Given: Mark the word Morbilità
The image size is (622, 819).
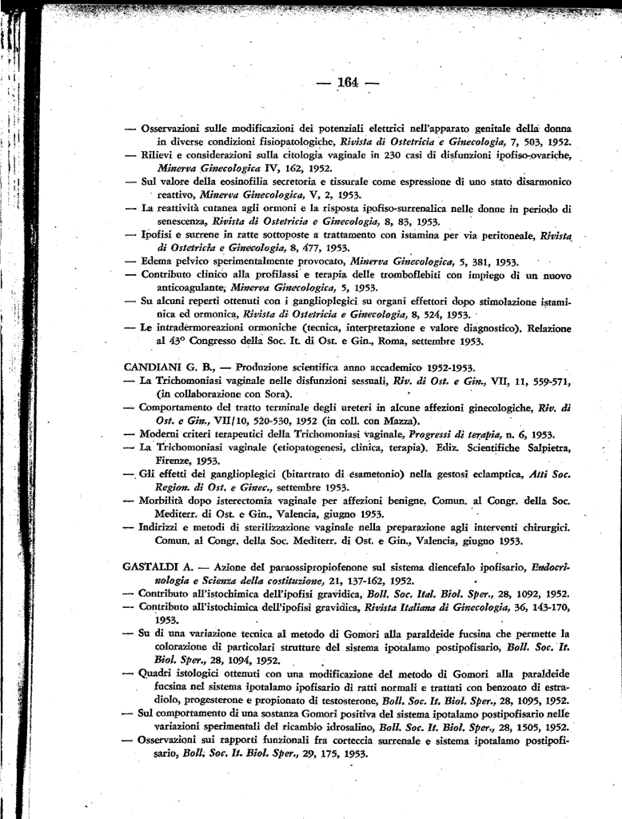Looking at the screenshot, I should pyautogui.click(x=167, y=500).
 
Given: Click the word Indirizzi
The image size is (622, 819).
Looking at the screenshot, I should pyautogui.click(x=165, y=527).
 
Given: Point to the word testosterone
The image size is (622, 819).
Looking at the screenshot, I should pyautogui.click(x=346, y=700).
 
